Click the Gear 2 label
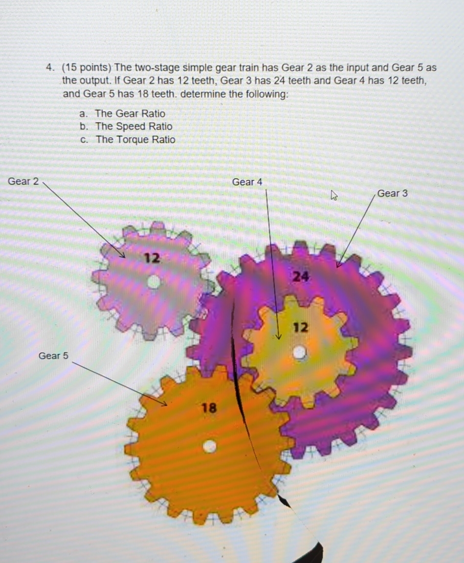23,182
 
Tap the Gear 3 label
392,193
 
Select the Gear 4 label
247,182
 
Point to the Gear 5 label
53,355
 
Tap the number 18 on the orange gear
209,407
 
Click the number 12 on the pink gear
152,257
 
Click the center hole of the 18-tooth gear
210,446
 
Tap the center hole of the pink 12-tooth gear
154,282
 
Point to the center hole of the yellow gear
299,352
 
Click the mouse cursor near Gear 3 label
334,197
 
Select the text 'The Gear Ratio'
130,113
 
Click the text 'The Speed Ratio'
133,126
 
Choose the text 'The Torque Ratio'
135,139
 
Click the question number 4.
50,68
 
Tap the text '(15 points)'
87,68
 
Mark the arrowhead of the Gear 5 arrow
165,404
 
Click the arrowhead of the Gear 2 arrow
123,256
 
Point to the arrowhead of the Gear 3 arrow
338,265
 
